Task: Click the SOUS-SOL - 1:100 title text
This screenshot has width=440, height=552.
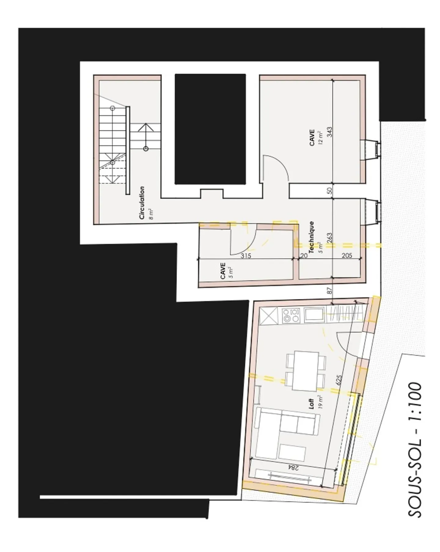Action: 415,449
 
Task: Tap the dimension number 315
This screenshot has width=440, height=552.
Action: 246,256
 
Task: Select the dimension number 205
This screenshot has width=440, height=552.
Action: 346,256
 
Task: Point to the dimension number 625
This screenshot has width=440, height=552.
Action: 338,380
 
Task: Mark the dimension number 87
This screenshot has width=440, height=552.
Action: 329,290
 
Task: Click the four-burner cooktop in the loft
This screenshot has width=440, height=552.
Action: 291,315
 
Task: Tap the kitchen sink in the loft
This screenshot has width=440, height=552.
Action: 315,315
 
